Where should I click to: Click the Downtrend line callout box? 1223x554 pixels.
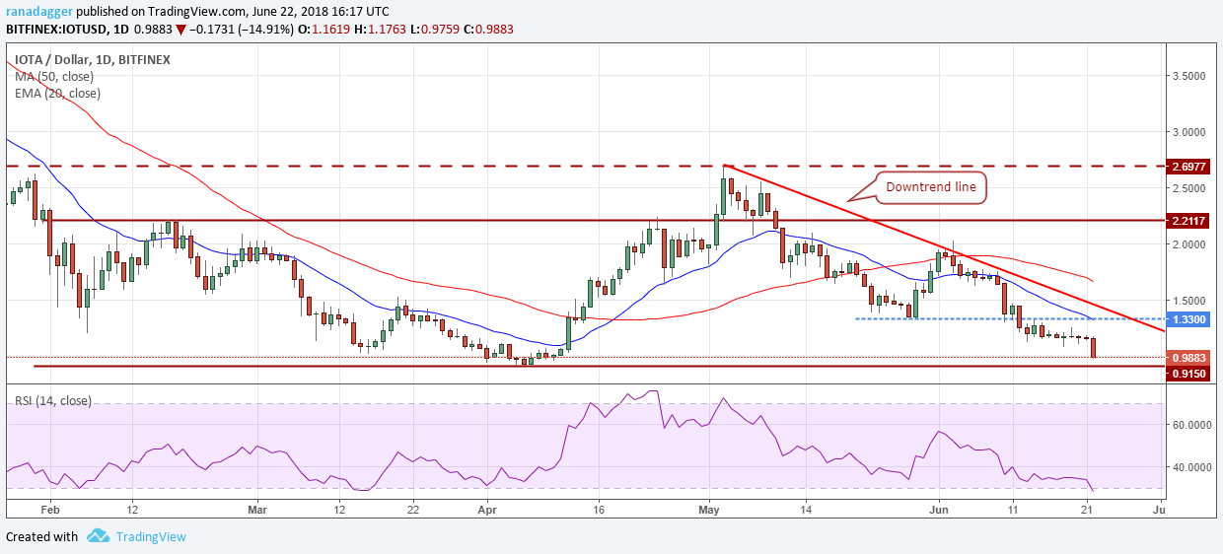tap(931, 187)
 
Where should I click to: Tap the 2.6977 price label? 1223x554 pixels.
tap(1189, 167)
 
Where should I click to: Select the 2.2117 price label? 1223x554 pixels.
tap(1189, 221)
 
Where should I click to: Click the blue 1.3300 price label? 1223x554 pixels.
tap(1189, 319)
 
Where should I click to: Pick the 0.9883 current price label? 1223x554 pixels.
tap(1189, 358)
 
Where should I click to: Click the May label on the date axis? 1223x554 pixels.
tap(709, 510)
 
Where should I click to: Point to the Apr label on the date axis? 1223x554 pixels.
tap(486, 510)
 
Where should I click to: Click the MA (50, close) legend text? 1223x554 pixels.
tap(54, 76)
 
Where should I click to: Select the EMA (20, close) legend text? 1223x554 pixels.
tap(57, 93)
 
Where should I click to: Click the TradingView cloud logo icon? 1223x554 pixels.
tap(98, 536)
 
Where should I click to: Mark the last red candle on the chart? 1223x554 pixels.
tap(1093, 347)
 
